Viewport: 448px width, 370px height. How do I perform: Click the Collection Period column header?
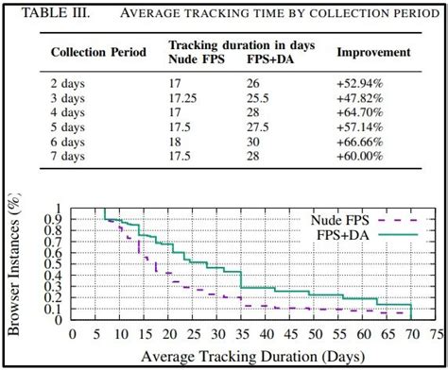click(x=97, y=52)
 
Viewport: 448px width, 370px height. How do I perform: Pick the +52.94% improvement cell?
click(x=365, y=83)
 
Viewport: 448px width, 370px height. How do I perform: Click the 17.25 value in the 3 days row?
click(x=184, y=97)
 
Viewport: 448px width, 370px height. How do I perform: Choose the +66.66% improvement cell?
click(x=365, y=141)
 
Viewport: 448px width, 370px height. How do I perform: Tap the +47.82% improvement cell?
click(x=365, y=97)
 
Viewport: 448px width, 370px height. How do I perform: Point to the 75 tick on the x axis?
click(x=436, y=333)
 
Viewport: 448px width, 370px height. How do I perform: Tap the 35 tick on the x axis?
click(x=240, y=333)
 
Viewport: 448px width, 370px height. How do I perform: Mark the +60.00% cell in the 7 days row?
click(x=365, y=155)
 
